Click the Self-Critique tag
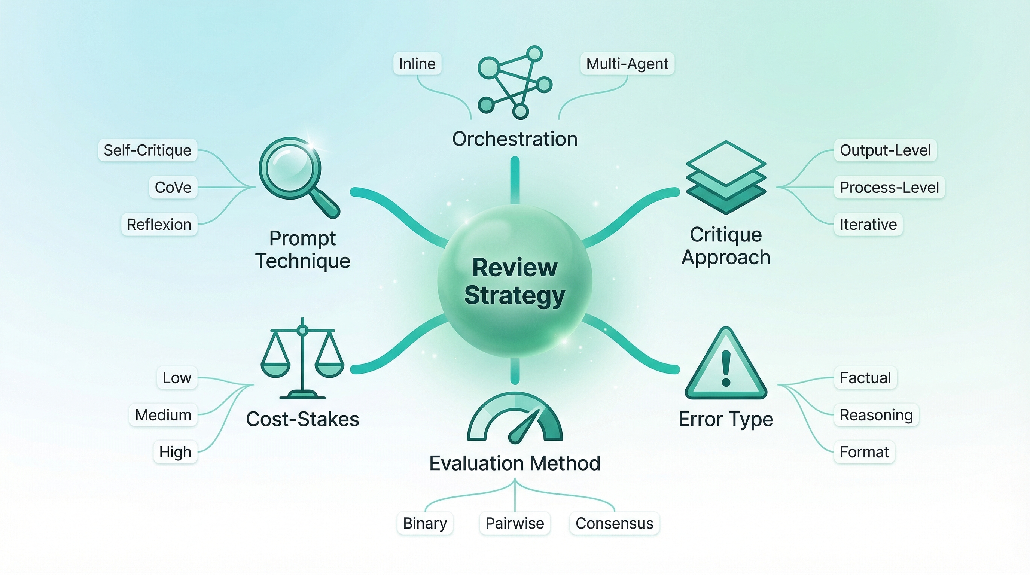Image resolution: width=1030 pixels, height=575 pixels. [x=147, y=150]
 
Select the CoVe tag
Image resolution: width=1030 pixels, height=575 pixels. [x=173, y=187]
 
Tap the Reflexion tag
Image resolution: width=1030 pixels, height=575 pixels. [x=159, y=224]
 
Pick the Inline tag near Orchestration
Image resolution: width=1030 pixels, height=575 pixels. [x=417, y=64]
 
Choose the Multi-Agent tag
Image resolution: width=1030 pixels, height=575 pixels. [x=627, y=64]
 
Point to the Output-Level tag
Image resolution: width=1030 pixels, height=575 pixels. [x=885, y=150]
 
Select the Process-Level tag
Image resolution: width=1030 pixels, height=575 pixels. [x=889, y=187]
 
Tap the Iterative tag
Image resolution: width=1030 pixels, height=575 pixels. [x=868, y=224]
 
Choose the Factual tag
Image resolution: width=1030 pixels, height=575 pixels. [x=865, y=378]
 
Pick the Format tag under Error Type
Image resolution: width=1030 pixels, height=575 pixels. [x=864, y=452]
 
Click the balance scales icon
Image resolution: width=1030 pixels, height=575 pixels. [x=302, y=360]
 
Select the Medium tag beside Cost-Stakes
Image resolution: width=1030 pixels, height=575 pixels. [x=163, y=415]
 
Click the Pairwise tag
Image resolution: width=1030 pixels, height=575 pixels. [x=515, y=523]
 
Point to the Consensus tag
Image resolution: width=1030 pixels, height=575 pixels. [x=614, y=523]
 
